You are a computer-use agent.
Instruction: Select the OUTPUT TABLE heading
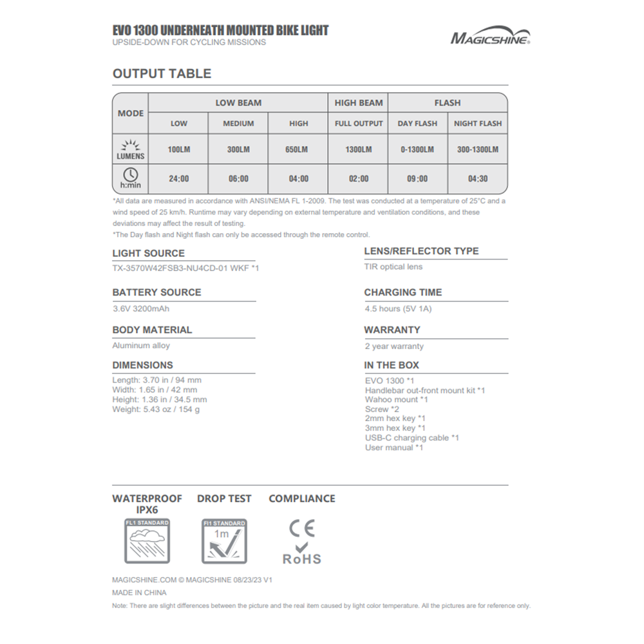tap(162, 73)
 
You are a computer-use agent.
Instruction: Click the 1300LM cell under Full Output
tap(359, 149)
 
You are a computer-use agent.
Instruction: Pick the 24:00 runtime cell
tap(178, 179)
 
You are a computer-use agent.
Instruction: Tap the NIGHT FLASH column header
tap(478, 124)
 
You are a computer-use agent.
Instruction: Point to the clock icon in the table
tap(130, 174)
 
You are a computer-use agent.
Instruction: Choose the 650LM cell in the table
tap(299, 149)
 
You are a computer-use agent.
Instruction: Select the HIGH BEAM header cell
tap(359, 103)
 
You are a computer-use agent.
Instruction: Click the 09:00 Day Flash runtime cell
tap(417, 179)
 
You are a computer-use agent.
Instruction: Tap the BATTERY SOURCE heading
tap(156, 292)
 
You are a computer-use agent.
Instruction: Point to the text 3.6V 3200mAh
tap(141, 309)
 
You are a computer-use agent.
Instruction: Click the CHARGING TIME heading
tap(403, 292)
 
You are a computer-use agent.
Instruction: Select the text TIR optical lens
tap(393, 267)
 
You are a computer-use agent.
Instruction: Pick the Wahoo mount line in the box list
tap(397, 399)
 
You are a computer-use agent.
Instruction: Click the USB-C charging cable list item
tap(412, 438)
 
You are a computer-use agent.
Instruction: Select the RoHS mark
tap(301, 559)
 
